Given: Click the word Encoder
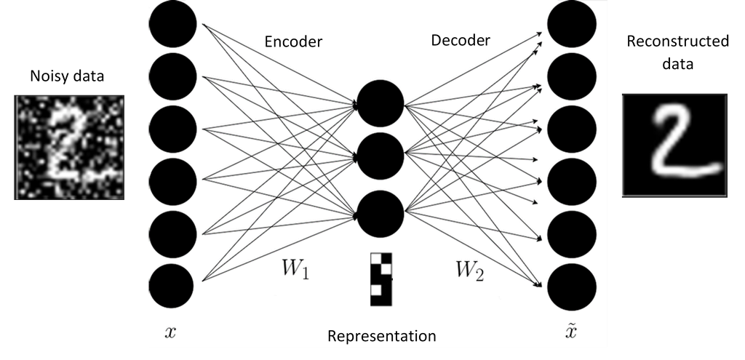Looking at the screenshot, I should click(x=293, y=41).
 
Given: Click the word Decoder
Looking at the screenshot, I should click(x=461, y=40).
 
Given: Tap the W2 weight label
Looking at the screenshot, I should click(x=470, y=270).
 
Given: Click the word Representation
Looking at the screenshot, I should click(x=382, y=336).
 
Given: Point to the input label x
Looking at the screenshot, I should click(x=170, y=333).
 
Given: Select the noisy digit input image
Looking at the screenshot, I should click(x=70, y=146).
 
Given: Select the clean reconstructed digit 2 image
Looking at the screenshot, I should click(x=673, y=145).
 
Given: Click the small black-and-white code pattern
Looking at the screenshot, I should click(x=381, y=279).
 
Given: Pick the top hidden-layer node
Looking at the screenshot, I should click(x=381, y=104).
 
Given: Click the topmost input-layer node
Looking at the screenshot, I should click(x=172, y=23).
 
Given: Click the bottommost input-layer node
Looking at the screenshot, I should click(x=171, y=286).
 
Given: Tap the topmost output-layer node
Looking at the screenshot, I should click(x=572, y=23).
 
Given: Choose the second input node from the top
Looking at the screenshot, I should click(x=172, y=76).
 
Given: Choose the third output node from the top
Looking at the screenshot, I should click(x=572, y=129).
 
